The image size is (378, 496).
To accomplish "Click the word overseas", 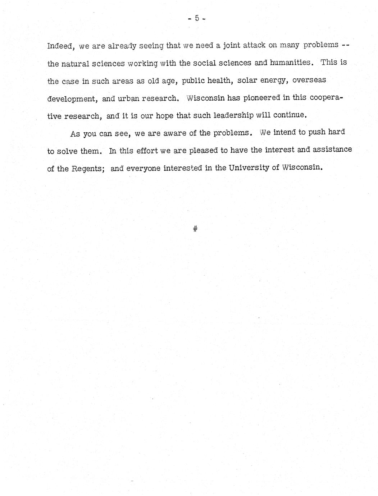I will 309,80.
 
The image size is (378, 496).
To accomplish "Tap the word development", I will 70,99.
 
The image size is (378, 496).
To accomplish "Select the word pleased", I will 203,151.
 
